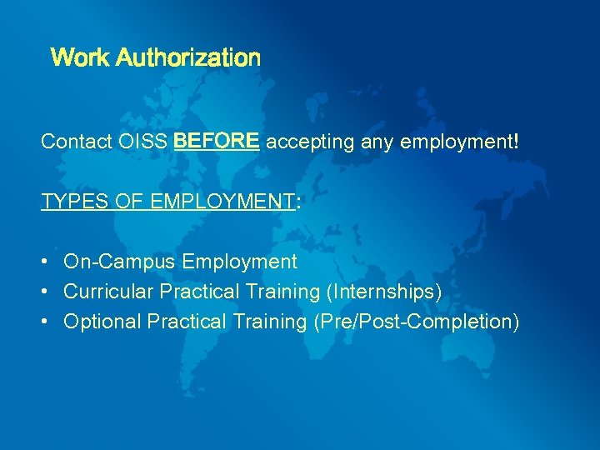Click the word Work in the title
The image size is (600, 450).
[x=80, y=58]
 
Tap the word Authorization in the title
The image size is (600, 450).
[x=188, y=58]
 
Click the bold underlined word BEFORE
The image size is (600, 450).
[x=217, y=142]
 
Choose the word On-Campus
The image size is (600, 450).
[x=120, y=262]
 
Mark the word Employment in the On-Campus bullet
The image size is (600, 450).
[x=239, y=262]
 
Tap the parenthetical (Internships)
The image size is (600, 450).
[x=384, y=292]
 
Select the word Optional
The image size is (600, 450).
[x=102, y=322]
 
